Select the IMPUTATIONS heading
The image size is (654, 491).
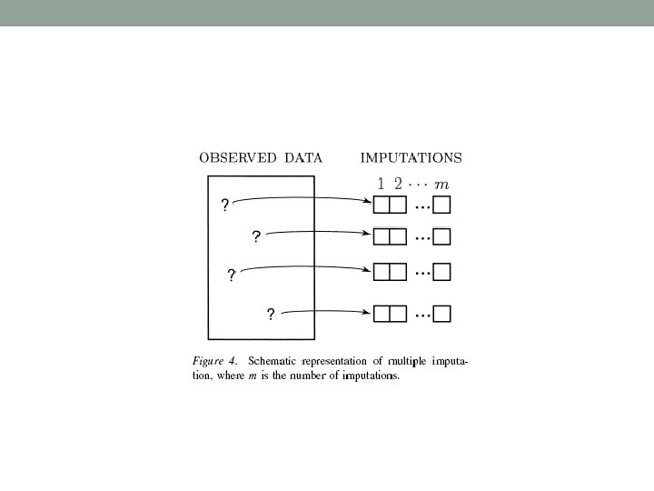(411, 157)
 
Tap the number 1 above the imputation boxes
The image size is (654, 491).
(381, 184)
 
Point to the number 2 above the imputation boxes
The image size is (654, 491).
(399, 184)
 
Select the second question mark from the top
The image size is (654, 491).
(256, 236)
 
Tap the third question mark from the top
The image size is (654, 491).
(232, 276)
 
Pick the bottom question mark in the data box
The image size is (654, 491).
(270, 315)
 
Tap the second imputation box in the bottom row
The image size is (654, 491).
(396, 314)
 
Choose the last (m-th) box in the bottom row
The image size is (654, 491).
(442, 314)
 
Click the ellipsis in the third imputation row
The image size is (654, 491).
(422, 272)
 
